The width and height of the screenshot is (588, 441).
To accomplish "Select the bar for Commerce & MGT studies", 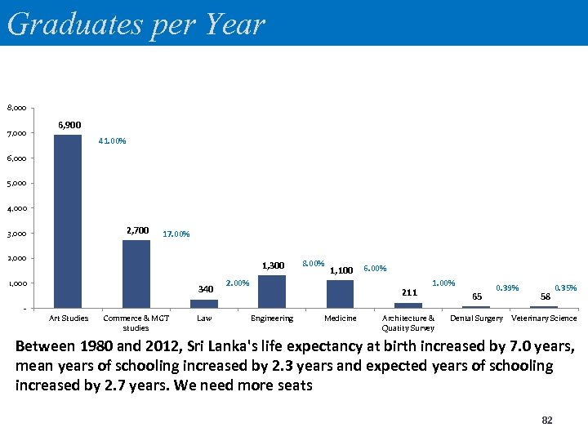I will pyautogui.click(x=136, y=274).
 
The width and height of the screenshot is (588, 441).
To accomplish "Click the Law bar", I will pyautogui.click(x=204, y=305).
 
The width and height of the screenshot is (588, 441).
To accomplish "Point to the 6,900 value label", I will pyautogui.click(x=69, y=125).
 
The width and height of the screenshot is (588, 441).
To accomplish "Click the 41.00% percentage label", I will pyautogui.click(x=112, y=141).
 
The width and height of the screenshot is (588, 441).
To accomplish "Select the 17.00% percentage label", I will pyautogui.click(x=176, y=234).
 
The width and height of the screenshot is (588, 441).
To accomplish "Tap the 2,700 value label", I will pyautogui.click(x=137, y=230).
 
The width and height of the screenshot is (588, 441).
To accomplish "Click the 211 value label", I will pyautogui.click(x=409, y=292).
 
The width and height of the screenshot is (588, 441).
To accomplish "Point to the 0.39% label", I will pyautogui.click(x=507, y=287).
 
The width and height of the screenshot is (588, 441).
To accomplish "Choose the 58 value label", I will pyautogui.click(x=545, y=296).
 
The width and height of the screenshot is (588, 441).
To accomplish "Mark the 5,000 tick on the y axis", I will pyautogui.click(x=16, y=183).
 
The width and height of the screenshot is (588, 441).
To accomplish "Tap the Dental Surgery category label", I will pyautogui.click(x=476, y=318).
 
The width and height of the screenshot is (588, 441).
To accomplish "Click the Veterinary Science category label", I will pyautogui.click(x=544, y=318).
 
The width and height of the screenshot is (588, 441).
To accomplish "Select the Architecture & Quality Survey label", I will pyautogui.click(x=408, y=323).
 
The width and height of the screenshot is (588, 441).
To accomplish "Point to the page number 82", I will pyautogui.click(x=547, y=420).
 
